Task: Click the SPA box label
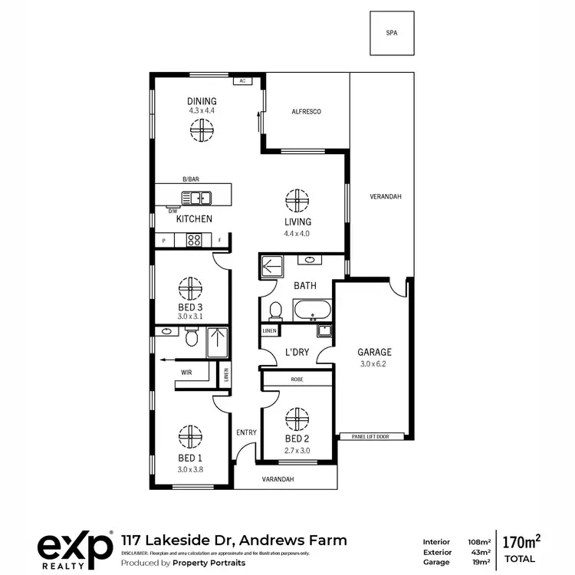pos(392,34)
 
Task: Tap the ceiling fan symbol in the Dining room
pos(202,133)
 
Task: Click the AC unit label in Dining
pos(242,80)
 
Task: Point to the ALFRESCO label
pos(306,112)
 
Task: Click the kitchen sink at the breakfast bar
pos(202,198)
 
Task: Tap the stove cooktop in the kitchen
pos(194,240)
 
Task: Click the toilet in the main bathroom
pos(275,310)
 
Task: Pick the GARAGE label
pos(374,353)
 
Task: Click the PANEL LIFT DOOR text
pos(371,436)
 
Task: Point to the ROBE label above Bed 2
pos(297,379)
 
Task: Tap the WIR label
pos(186,373)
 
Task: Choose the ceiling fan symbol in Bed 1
pos(191,435)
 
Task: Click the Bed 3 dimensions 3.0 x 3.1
pos(190,317)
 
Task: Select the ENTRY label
pos(246,432)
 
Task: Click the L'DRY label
pos(297,352)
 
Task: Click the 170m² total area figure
pos(520,542)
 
